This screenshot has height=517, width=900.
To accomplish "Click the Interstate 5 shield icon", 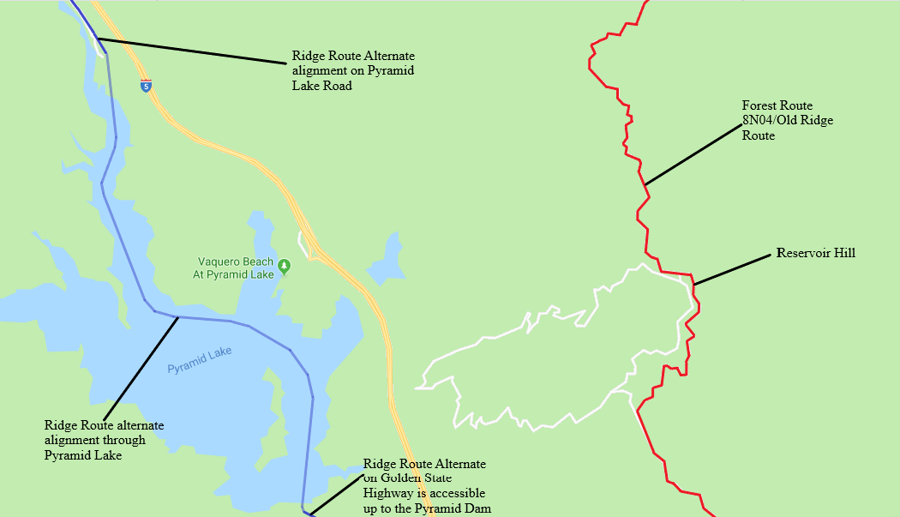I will (x=147, y=85).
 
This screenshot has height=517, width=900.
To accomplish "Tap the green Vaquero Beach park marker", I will (x=284, y=267).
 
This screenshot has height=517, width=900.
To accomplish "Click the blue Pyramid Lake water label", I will (x=200, y=360).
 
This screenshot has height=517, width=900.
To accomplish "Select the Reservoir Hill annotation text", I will (x=815, y=253).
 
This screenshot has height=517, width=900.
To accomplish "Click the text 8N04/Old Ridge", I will (x=787, y=120).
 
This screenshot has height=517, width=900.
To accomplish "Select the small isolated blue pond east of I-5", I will (x=391, y=257).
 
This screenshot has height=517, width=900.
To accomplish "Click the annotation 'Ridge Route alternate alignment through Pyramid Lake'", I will (x=104, y=440).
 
